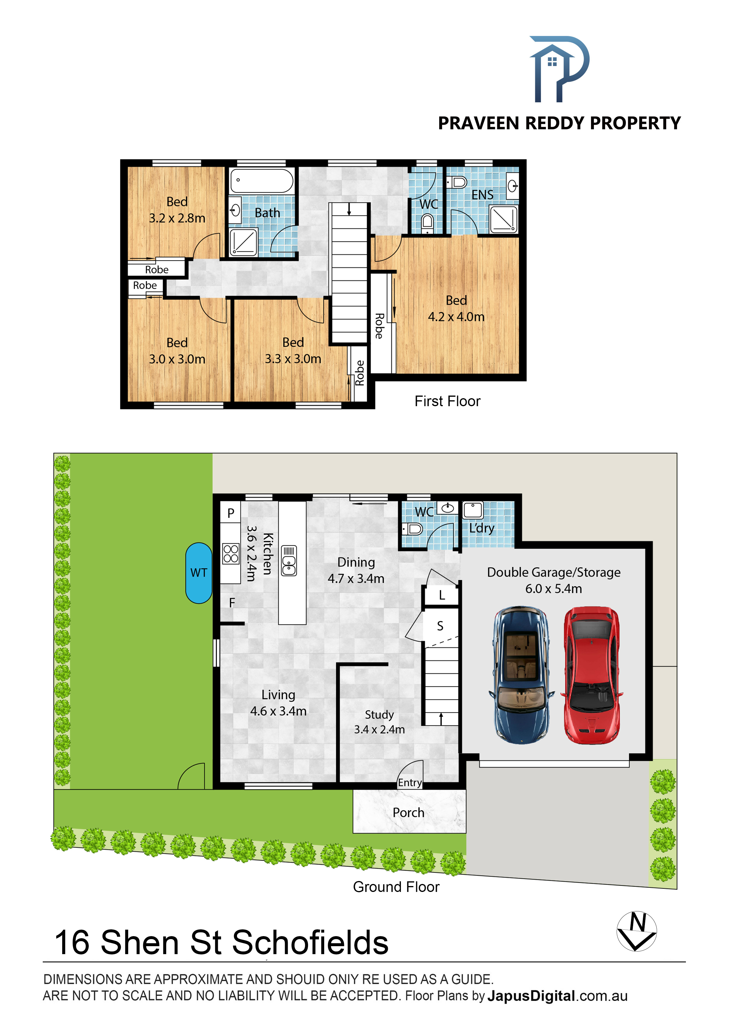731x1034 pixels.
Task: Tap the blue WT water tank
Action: pos(199,573)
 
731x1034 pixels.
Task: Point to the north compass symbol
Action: pos(636,931)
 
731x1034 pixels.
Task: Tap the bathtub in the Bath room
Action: pos(262,181)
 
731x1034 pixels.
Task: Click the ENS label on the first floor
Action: pos(483,195)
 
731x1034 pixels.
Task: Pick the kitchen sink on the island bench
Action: pos(289,561)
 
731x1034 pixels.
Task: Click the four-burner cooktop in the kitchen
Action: pos(231,554)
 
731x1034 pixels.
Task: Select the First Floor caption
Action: pos(447,401)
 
